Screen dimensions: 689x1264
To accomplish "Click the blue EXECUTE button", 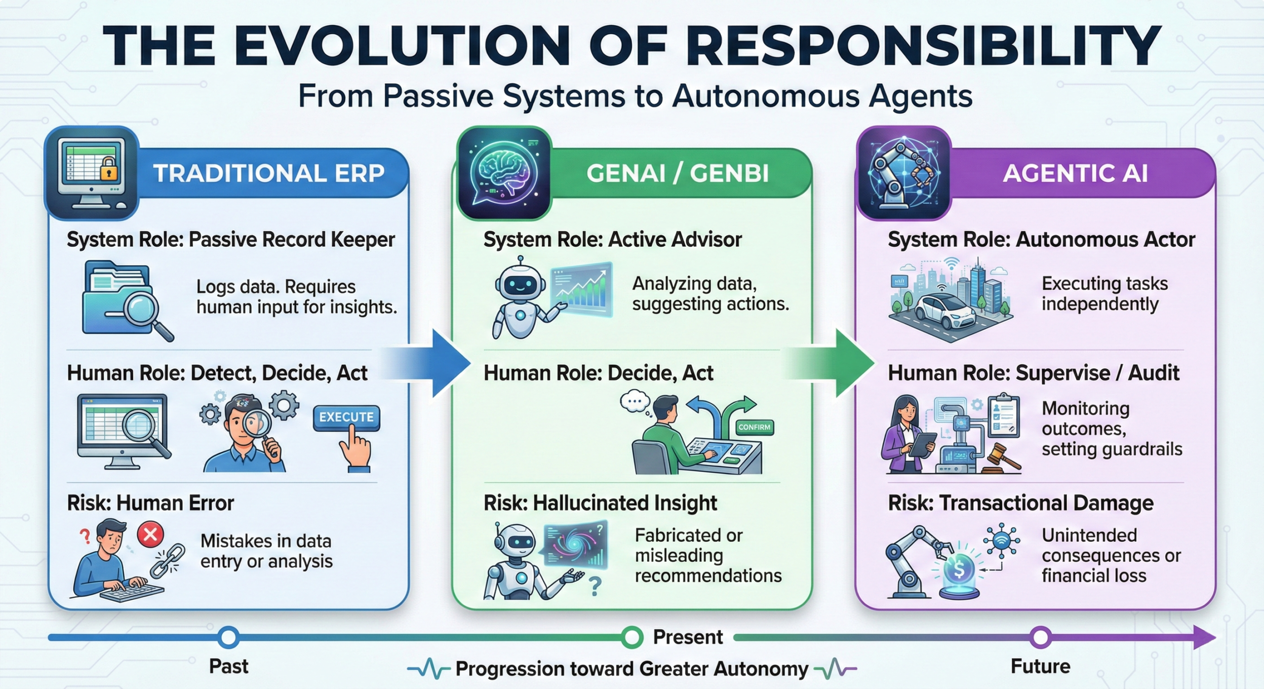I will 346,418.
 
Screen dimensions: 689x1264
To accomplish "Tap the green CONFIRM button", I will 754,427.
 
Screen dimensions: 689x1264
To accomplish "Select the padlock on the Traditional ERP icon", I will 110,171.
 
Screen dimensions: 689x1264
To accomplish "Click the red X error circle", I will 151,535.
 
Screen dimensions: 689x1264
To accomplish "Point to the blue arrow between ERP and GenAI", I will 434,364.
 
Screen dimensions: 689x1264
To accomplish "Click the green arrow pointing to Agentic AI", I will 839,364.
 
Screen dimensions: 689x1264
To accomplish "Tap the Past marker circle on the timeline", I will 229,637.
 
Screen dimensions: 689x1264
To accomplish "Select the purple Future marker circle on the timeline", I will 1040,637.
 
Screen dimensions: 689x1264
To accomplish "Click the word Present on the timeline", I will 688,637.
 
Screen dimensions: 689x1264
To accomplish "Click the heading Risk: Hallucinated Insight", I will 600,503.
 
